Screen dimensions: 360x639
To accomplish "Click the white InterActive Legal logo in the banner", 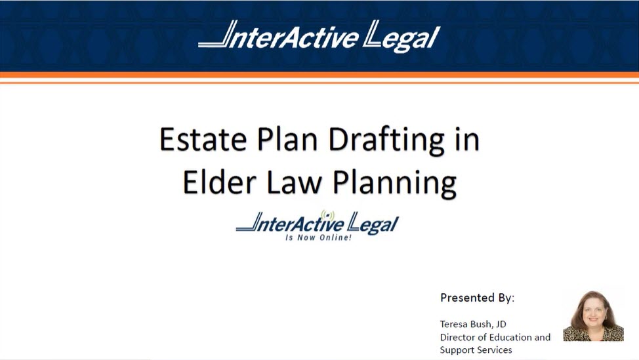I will tap(319, 35).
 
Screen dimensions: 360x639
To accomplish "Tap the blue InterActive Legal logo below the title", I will tap(317, 224).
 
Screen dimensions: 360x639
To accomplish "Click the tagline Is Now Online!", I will tap(318, 237).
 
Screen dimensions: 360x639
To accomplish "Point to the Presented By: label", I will tap(477, 298).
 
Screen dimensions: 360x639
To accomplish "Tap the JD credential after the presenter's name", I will tap(501, 325).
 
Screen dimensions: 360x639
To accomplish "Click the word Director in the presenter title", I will tap(458, 337).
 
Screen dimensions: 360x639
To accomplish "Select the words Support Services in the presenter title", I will tap(476, 350).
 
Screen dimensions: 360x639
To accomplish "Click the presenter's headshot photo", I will tap(593, 316).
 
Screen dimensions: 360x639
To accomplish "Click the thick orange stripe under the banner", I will tap(319, 75).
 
